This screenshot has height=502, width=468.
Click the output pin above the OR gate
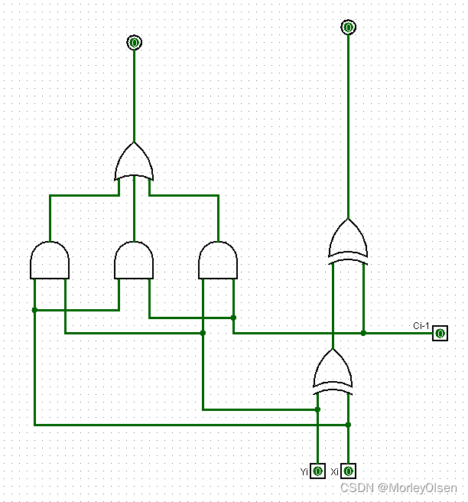click(x=134, y=42)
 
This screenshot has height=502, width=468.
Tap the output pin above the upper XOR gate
click(x=348, y=28)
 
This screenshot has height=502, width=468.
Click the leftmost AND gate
click(x=50, y=261)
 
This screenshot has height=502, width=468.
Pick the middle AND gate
click(x=134, y=261)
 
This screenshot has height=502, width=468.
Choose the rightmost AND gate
click(x=218, y=261)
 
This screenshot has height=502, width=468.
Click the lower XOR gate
click(x=333, y=371)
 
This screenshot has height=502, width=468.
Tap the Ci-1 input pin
click(x=440, y=333)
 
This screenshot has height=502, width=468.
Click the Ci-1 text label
click(x=421, y=325)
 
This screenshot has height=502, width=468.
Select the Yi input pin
click(x=318, y=471)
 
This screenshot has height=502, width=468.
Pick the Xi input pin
click(x=349, y=471)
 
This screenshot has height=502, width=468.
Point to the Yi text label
click(x=305, y=471)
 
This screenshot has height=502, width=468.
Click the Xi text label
click(x=335, y=471)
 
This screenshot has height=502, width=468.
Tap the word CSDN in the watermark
click(x=357, y=487)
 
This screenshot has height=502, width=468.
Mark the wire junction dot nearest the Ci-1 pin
click(x=363, y=333)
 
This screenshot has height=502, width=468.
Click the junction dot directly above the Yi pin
click(x=317, y=409)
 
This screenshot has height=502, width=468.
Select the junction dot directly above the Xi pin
click(x=348, y=424)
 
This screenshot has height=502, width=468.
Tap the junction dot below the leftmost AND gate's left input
click(x=34, y=310)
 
